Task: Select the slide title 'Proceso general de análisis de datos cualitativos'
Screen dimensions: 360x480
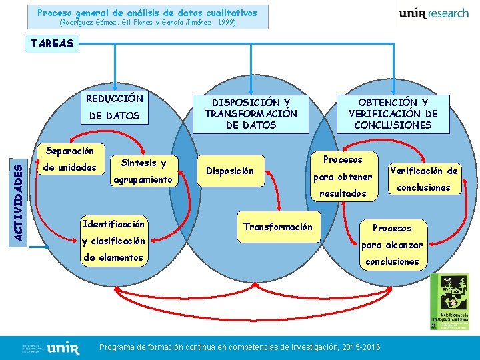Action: pyautogui.click(x=147, y=13)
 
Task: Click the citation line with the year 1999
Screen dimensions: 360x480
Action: pyautogui.click(x=147, y=22)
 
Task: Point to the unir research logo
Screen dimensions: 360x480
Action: pyautogui.click(x=433, y=14)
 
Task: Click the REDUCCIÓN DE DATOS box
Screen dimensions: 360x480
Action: pyautogui.click(x=115, y=107)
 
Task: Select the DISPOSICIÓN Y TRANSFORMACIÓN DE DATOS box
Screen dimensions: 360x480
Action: pyautogui.click(x=251, y=113)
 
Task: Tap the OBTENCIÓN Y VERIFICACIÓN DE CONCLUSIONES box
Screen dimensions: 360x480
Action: pyautogui.click(x=393, y=113)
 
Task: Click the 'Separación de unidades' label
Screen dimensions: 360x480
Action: pyautogui.click(x=69, y=159)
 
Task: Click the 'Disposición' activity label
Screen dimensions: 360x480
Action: pyautogui.click(x=229, y=171)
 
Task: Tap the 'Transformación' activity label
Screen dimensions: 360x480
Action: pyautogui.click(x=277, y=227)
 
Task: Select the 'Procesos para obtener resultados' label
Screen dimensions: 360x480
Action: pyautogui.click(x=342, y=177)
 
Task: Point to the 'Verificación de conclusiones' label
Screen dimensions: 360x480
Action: pyautogui.click(x=423, y=179)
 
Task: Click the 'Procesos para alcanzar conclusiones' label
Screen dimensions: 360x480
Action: pyautogui.click(x=392, y=245)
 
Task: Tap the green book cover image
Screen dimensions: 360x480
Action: pyautogui.click(x=449, y=301)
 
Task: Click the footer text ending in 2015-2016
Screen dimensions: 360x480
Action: pyautogui.click(x=239, y=347)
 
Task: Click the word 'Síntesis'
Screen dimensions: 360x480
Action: pyautogui.click(x=139, y=163)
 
